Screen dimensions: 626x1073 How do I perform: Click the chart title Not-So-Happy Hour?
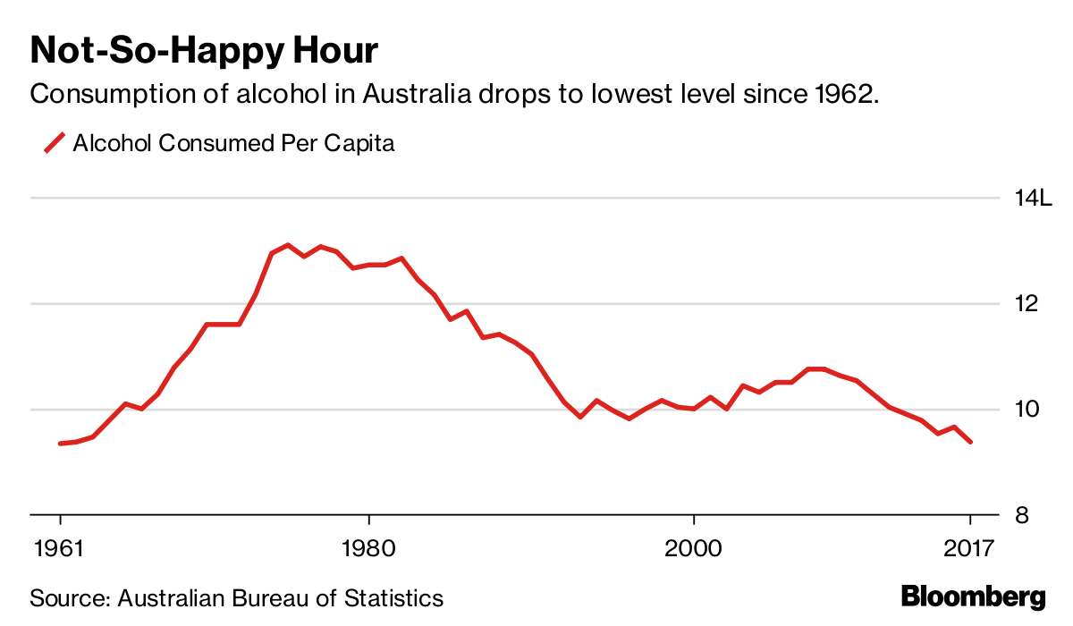pyautogui.click(x=205, y=51)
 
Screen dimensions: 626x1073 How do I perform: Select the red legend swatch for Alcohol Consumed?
pyautogui.click(x=55, y=143)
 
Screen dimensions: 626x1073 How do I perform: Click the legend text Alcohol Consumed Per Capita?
pyautogui.click(x=233, y=143)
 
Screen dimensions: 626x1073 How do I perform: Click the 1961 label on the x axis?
pyautogui.click(x=60, y=547)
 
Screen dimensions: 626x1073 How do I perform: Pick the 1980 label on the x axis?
pyautogui.click(x=368, y=547)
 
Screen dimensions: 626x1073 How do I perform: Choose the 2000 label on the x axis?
pyautogui.click(x=694, y=547)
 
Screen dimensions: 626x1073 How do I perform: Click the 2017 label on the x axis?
pyautogui.click(x=969, y=547)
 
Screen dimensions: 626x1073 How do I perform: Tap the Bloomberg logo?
pyautogui.click(x=973, y=596)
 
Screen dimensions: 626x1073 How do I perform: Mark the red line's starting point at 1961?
pyautogui.click(x=60, y=444)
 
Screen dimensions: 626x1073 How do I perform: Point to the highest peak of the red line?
pyautogui.click(x=288, y=244)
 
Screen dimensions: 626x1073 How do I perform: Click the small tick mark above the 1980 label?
pyautogui.click(x=368, y=521)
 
